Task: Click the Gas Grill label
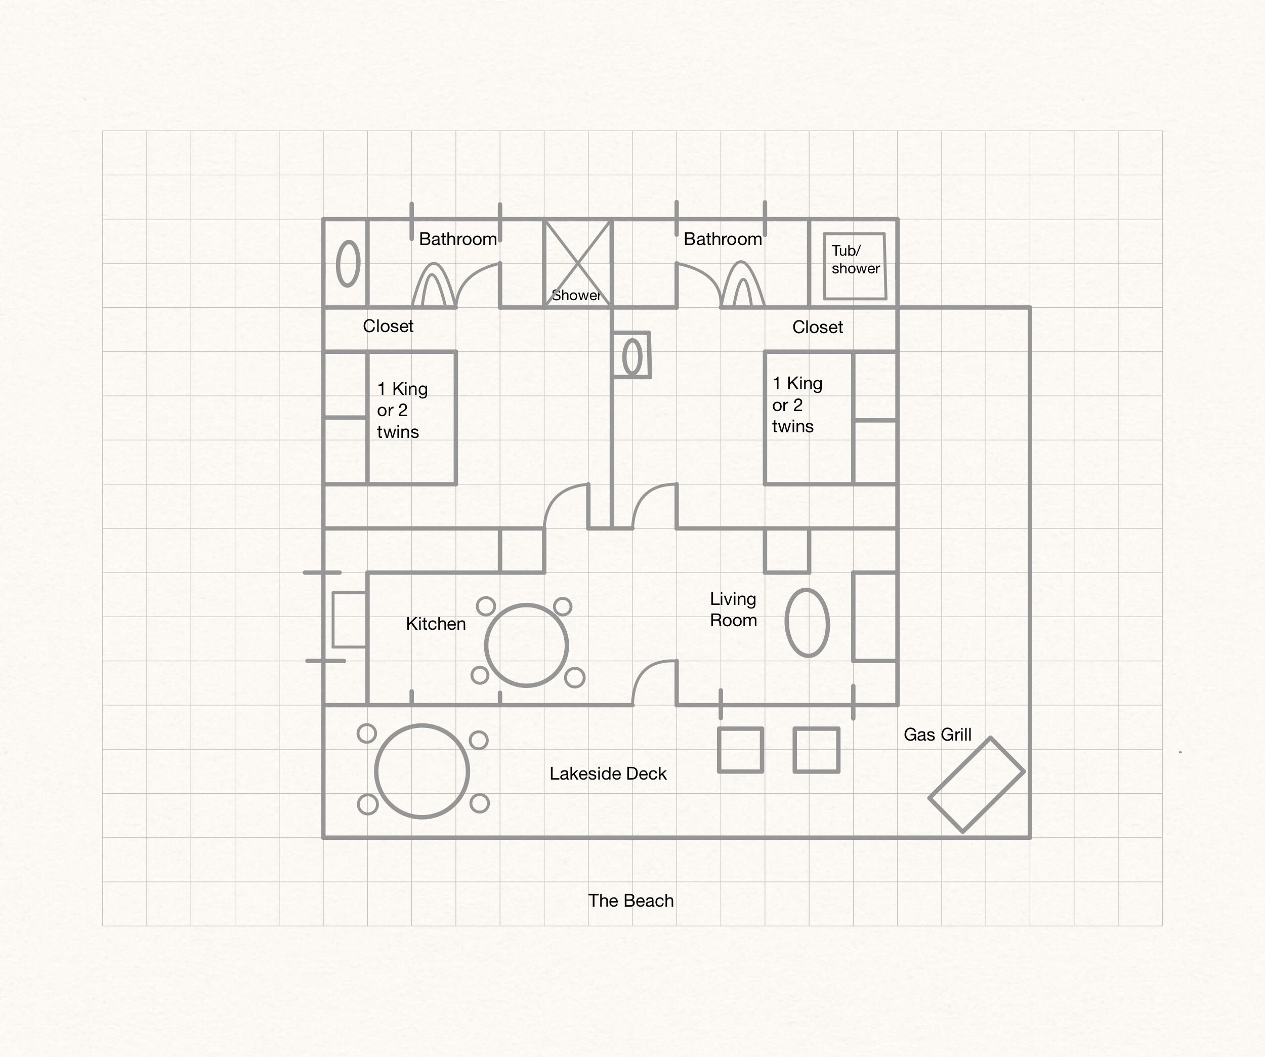tap(937, 735)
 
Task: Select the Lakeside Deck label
tap(608, 774)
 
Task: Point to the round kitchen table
tap(526, 604)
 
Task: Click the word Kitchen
tap(436, 624)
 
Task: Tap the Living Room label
tap(733, 609)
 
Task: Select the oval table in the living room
tap(807, 590)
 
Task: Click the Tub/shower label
tap(855, 260)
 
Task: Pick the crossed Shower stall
tap(577, 263)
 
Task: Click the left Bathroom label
tap(458, 239)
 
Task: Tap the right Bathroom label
tap(723, 239)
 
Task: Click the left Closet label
tap(388, 326)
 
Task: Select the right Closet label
tap(817, 327)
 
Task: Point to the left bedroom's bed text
tap(402, 411)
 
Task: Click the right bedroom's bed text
tap(797, 405)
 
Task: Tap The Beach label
tap(630, 901)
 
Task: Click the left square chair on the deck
tap(740, 728)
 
